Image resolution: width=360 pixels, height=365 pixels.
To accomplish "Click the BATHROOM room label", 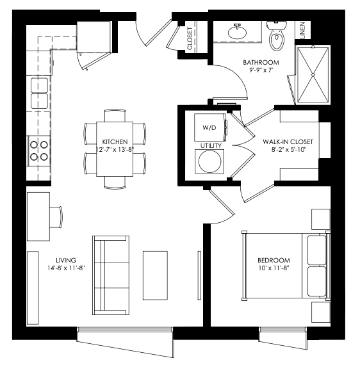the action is click(261, 62).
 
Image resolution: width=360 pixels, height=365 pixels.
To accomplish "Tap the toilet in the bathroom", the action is click(277, 36).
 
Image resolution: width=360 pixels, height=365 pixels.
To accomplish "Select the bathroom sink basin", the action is click(237, 32).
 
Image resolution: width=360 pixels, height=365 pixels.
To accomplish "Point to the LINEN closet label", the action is click(302, 30).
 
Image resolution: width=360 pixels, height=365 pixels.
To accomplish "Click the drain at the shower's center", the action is click(313, 75).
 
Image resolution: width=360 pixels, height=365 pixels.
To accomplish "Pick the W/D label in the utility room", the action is click(209, 127).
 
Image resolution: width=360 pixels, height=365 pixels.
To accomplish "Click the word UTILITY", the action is click(211, 146).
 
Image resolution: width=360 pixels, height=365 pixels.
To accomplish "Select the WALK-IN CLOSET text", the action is click(288, 142).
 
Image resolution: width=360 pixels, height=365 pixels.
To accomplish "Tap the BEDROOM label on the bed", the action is click(274, 260).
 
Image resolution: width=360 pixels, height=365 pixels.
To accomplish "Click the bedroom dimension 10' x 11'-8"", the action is click(274, 268).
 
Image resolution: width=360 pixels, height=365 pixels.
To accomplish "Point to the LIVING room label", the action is click(66, 260).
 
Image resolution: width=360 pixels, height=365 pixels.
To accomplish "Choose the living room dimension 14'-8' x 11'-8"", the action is click(66, 268).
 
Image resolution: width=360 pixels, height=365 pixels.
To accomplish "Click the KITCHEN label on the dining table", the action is click(115, 142).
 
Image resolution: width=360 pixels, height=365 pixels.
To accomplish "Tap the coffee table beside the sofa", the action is click(155, 275).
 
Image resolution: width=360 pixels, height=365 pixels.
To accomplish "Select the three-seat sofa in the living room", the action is click(111, 275).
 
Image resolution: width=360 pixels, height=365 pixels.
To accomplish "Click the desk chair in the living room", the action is click(56, 217).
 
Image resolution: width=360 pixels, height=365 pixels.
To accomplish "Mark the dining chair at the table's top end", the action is click(115, 115).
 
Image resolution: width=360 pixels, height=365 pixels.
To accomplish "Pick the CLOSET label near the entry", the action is click(190, 38).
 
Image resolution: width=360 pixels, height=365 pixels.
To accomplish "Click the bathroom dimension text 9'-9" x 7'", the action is click(261, 70).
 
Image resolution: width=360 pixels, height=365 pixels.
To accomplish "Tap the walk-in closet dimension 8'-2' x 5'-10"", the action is click(288, 150).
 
